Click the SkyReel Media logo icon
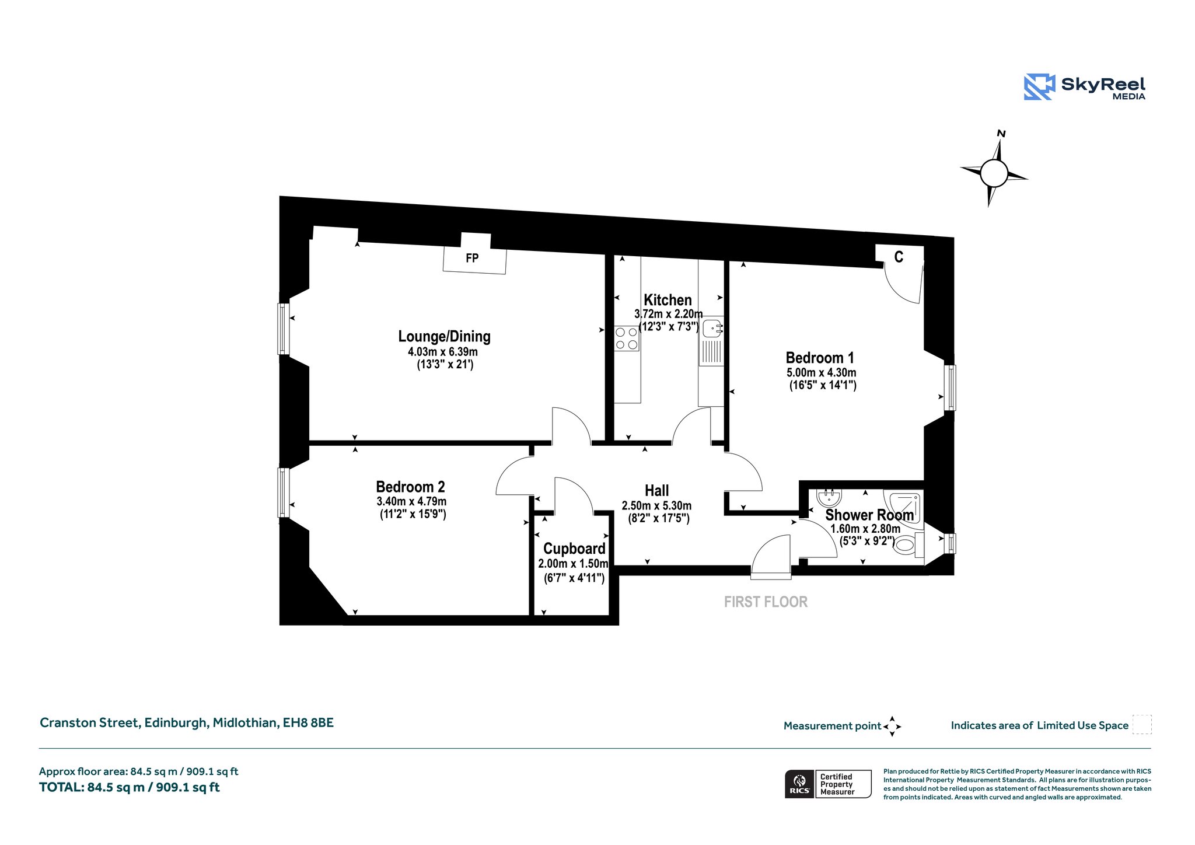click(x=1039, y=87)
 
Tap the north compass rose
click(x=994, y=172)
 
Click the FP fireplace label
click(x=472, y=258)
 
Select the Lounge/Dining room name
click(x=444, y=336)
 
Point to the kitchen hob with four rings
click(x=627, y=338)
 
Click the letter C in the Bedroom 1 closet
click(x=899, y=257)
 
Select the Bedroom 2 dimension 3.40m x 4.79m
click(x=411, y=501)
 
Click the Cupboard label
click(x=574, y=549)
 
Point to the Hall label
click(x=656, y=491)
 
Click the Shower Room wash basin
click(x=829, y=497)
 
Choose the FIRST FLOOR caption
click(x=766, y=602)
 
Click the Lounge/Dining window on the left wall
click(x=283, y=329)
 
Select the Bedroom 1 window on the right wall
click(x=950, y=387)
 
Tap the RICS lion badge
click(x=799, y=784)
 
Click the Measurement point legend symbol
click(x=892, y=727)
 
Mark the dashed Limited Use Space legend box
click(x=1142, y=724)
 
